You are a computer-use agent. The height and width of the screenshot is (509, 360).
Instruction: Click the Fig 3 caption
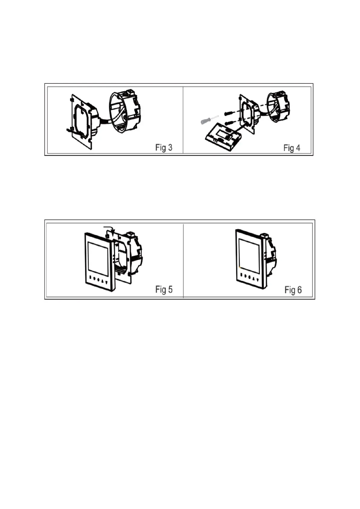tap(164, 148)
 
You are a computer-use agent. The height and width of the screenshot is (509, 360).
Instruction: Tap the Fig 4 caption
tap(292, 148)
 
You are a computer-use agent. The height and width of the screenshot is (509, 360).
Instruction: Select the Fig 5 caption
tap(164, 289)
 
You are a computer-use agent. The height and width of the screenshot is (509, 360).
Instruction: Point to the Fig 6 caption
tap(293, 290)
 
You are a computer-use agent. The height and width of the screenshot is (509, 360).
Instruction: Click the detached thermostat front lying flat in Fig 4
tap(223, 138)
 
